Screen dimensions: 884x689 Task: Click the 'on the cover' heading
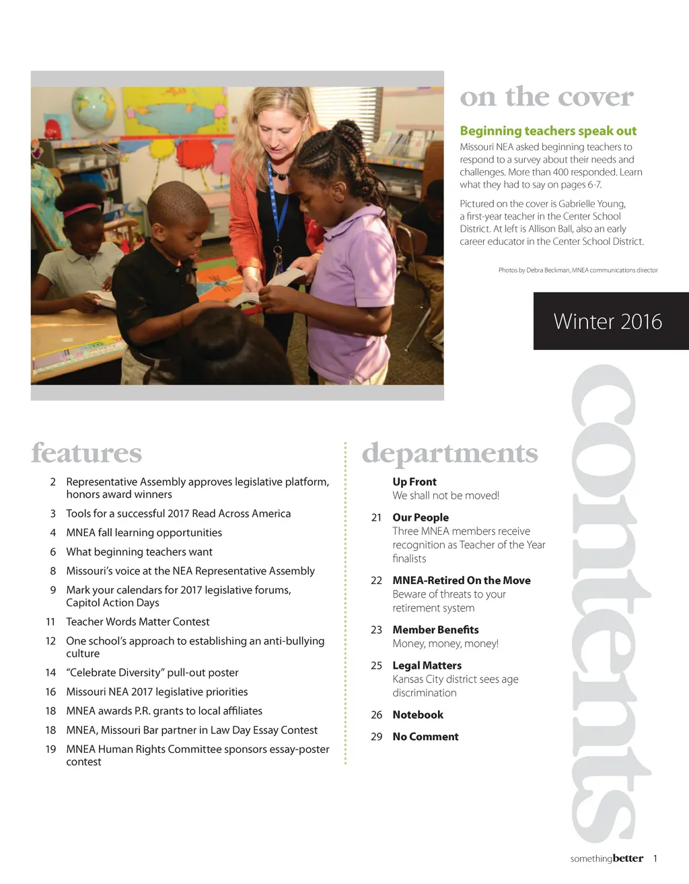(546, 97)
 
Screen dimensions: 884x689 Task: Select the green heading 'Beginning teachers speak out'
(548, 131)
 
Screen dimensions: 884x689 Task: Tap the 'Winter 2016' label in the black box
(608, 322)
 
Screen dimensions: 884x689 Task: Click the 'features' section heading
(87, 453)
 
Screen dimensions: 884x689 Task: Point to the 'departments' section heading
(449, 453)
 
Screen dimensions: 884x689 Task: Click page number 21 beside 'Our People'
(376, 517)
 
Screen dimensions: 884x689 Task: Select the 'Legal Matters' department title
(427, 665)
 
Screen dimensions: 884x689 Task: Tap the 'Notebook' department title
(418, 714)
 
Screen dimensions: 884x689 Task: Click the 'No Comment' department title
(425, 737)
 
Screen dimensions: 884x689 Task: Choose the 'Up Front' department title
(414, 482)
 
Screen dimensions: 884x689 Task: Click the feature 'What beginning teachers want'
(139, 552)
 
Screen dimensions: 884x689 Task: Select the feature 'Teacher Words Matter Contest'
(138, 622)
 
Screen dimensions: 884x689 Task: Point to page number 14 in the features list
(50, 672)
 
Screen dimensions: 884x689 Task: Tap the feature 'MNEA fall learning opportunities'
(144, 532)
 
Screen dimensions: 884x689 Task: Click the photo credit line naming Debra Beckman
(577, 270)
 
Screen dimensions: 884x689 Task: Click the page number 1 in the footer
(655, 858)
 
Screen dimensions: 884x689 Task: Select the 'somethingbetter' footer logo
(606, 858)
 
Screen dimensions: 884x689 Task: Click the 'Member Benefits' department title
(435, 630)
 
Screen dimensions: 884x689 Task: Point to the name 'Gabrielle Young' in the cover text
(591, 204)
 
